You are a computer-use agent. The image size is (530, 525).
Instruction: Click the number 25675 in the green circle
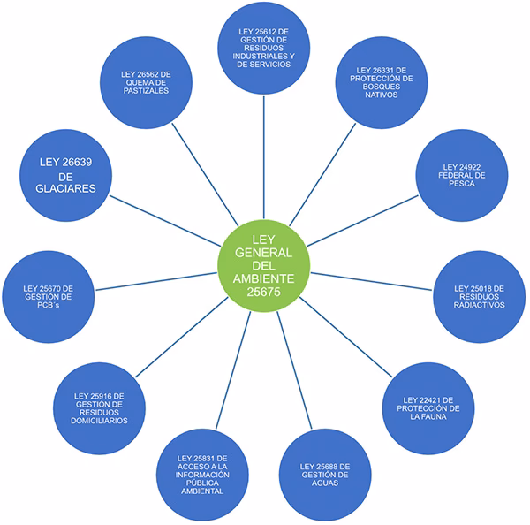[264, 289]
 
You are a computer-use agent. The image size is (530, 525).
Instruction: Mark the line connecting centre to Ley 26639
[168, 217]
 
